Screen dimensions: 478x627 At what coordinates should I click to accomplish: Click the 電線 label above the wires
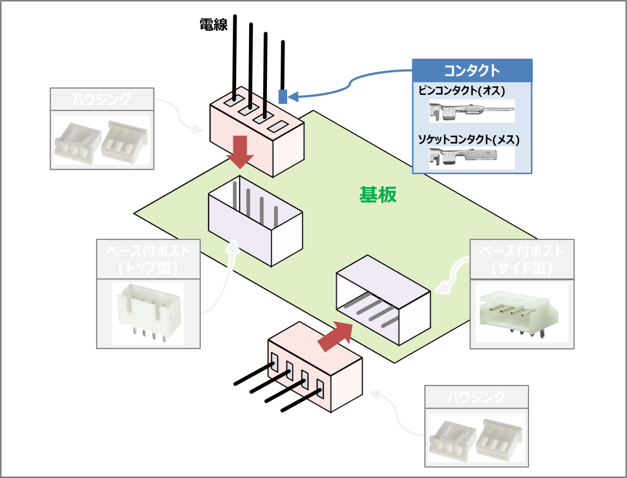(213, 25)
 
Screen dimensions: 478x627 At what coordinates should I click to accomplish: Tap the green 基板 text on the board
(378, 195)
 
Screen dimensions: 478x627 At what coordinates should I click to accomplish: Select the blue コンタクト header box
(472, 71)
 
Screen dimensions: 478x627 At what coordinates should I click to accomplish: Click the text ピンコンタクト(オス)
(461, 90)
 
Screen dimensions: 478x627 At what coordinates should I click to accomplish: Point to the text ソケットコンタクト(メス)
(469, 140)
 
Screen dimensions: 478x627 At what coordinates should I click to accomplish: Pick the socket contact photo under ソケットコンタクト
(463, 157)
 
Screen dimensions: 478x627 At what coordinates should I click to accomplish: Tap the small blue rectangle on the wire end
(282, 96)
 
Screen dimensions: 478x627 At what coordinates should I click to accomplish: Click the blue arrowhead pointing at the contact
(293, 97)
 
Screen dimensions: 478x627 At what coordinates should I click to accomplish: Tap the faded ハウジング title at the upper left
(102, 99)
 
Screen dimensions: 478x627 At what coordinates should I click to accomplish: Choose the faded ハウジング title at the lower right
(476, 396)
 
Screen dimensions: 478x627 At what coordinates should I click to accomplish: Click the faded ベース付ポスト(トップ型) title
(148, 259)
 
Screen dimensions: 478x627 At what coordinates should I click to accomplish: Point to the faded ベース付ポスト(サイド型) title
(522, 259)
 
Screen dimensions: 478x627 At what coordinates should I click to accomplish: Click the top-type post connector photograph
(148, 313)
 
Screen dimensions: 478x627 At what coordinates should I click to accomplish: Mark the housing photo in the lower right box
(476, 438)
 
